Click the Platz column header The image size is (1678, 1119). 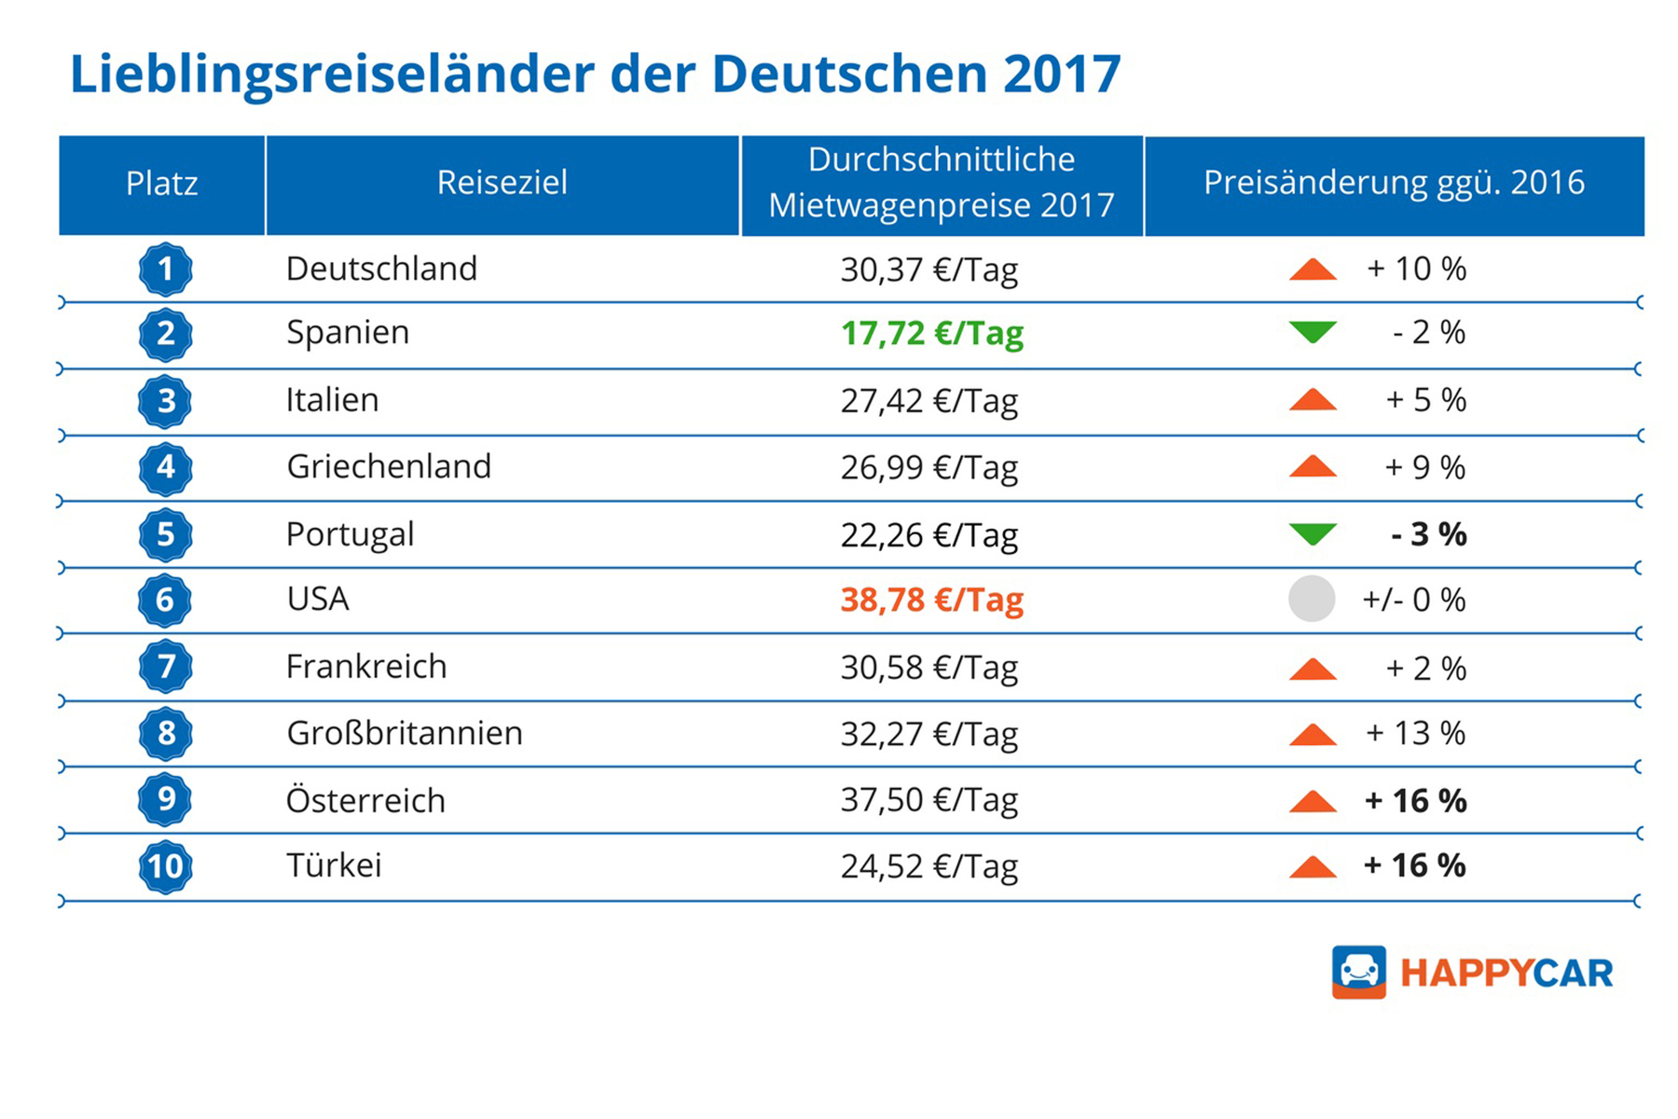(x=162, y=184)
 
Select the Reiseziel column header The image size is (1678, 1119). (x=502, y=184)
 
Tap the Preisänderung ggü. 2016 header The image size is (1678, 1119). (x=1394, y=184)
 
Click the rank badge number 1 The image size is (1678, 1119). (x=166, y=269)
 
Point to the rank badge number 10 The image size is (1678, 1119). (x=166, y=866)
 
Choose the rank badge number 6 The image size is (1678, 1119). (x=165, y=600)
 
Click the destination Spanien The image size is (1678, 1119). (x=348, y=333)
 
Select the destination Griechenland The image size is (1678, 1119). (x=389, y=466)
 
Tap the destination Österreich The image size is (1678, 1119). (x=365, y=800)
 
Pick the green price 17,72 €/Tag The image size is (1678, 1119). (x=932, y=334)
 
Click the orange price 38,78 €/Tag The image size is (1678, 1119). (x=932, y=600)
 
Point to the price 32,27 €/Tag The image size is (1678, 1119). (x=928, y=734)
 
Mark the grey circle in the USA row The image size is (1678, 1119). (x=1312, y=599)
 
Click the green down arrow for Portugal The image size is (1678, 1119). (x=1313, y=534)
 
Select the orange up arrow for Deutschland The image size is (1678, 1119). (x=1313, y=269)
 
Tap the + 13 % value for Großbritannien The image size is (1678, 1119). (x=1416, y=733)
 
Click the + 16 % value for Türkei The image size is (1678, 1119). (x=1415, y=865)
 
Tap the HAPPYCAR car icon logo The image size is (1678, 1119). (x=1359, y=972)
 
